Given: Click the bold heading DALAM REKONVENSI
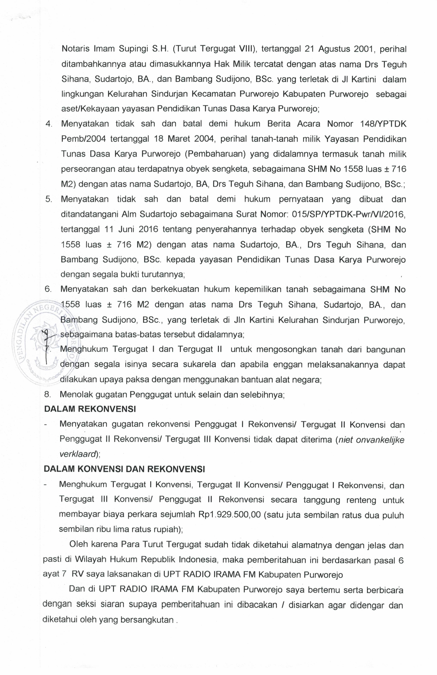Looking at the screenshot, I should pyautogui.click(x=90, y=409).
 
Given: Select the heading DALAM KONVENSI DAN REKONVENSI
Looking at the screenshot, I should pyautogui.click(x=124, y=469).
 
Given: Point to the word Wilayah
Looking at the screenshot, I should pyautogui.click(x=90, y=560).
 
